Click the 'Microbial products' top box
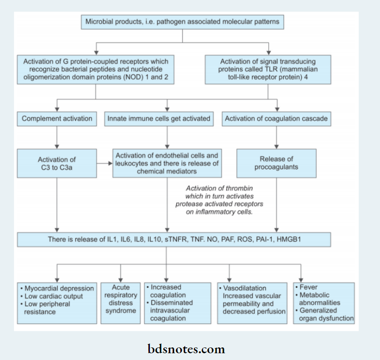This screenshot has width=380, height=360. coord(182,22)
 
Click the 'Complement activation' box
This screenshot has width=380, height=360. coord(57,119)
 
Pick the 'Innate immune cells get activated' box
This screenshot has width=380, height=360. coord(159,119)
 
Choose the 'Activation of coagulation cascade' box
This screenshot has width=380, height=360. coord(276,119)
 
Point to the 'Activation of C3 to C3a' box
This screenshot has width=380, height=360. coord(57,163)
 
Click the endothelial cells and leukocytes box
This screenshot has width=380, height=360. coord(167,163)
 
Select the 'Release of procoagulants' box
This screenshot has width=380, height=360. coord(276,163)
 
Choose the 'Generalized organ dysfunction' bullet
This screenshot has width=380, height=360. coord(325,315)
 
